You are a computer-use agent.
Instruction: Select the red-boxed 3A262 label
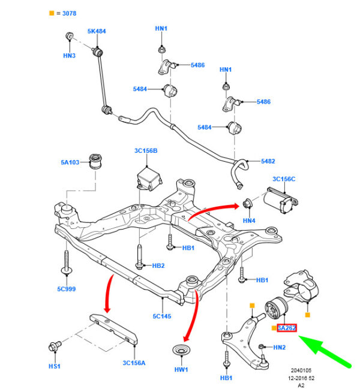287,328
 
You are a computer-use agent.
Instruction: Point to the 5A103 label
70,161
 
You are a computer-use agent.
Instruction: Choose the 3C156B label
146,151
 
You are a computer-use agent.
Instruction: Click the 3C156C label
285,179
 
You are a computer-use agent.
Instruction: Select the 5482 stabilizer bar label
267,161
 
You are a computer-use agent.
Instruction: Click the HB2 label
158,266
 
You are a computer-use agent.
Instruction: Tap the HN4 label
249,221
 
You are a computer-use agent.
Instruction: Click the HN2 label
279,347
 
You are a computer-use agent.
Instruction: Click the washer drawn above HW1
179,351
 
